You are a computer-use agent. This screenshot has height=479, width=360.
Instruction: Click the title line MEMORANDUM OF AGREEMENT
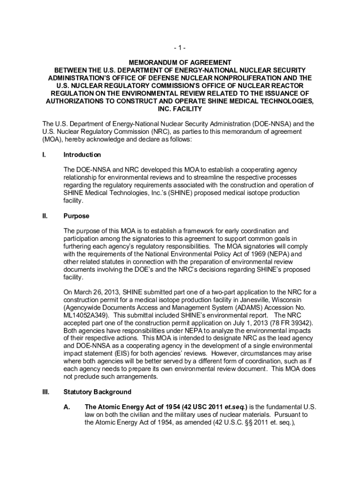(x=180, y=62)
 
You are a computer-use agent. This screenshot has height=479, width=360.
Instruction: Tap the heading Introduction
(x=82, y=155)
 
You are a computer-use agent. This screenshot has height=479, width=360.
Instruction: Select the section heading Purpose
(x=76, y=217)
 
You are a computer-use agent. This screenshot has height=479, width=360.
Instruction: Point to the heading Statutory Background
(x=97, y=392)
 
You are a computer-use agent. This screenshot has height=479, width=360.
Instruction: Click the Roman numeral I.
(x=44, y=155)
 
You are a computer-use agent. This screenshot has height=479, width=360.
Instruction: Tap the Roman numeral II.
(x=45, y=217)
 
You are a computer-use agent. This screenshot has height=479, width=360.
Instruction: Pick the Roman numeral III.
(x=46, y=392)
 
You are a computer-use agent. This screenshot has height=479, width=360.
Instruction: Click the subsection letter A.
(x=67, y=407)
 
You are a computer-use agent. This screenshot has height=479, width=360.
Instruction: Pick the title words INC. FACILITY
(x=180, y=109)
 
